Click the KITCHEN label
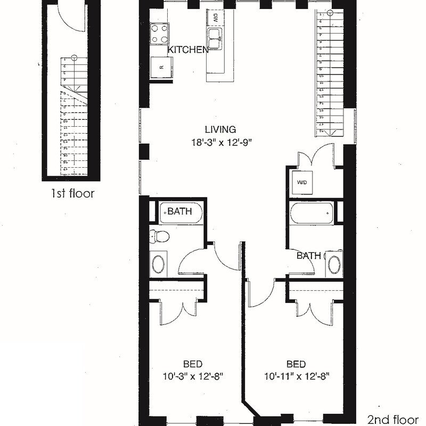(x=188, y=50)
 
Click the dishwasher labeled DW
(x=216, y=18)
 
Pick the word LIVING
(x=220, y=129)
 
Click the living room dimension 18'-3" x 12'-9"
(x=220, y=142)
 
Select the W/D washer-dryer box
(x=302, y=183)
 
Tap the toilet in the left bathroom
(x=158, y=235)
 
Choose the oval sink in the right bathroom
(x=334, y=264)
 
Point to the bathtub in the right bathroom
(x=312, y=215)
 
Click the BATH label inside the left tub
(x=181, y=211)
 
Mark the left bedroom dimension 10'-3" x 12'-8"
(x=192, y=376)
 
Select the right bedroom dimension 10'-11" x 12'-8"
(x=296, y=376)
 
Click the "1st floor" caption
(x=72, y=193)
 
